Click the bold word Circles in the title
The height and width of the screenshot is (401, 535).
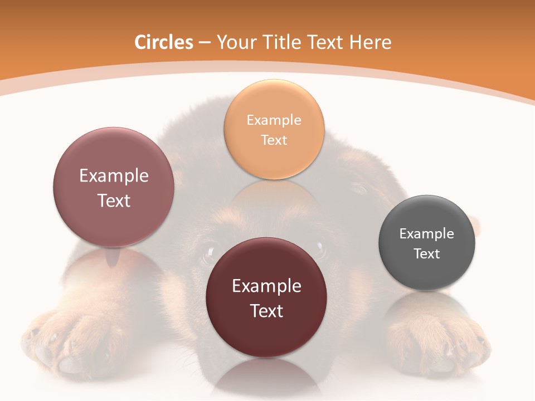[x=164, y=42]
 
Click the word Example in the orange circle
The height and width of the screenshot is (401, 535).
[x=274, y=120]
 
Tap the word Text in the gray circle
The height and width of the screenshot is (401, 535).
[x=427, y=254]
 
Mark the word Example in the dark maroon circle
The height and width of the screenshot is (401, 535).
[x=266, y=286]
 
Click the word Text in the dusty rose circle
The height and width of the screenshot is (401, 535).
[x=114, y=200]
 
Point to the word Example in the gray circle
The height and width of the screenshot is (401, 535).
[x=427, y=234]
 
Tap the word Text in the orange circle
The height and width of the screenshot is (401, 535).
[x=274, y=140]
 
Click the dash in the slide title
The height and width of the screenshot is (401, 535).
[x=205, y=43]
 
